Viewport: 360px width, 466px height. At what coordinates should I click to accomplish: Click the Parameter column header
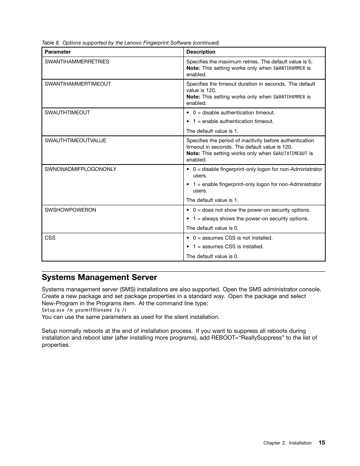[58, 52]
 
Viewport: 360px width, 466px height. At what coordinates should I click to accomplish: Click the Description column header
[201, 52]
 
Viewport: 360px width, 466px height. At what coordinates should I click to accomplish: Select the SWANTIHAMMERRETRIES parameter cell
[77, 62]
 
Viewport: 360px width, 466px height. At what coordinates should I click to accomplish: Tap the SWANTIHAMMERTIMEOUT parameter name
[78, 84]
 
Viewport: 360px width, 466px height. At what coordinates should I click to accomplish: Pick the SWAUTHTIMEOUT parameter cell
[67, 112]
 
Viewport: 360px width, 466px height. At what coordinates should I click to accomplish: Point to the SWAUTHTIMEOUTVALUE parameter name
[75, 140]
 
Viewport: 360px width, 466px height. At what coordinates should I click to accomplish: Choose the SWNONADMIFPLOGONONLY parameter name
[80, 169]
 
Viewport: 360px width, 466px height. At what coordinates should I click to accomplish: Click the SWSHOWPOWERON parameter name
[70, 210]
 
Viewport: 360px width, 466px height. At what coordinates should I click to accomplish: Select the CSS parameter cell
[50, 238]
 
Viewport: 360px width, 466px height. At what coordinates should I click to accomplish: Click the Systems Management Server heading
[99, 277]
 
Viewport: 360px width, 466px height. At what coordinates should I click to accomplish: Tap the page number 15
[322, 443]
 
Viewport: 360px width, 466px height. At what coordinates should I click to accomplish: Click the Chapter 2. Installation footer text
[287, 443]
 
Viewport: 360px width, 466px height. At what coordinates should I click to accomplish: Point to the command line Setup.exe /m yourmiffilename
[84, 310]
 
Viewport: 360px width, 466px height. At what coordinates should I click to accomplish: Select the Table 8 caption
[130, 43]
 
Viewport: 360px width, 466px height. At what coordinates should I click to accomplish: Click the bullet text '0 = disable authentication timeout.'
[234, 112]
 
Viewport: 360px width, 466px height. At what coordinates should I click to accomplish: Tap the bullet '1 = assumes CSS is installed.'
[228, 246]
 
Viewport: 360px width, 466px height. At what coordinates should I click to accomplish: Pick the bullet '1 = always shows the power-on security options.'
[251, 218]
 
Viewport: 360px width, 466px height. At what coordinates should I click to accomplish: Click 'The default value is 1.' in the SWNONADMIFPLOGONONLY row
[212, 200]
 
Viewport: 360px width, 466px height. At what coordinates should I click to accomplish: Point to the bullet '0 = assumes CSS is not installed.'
[232, 238]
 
